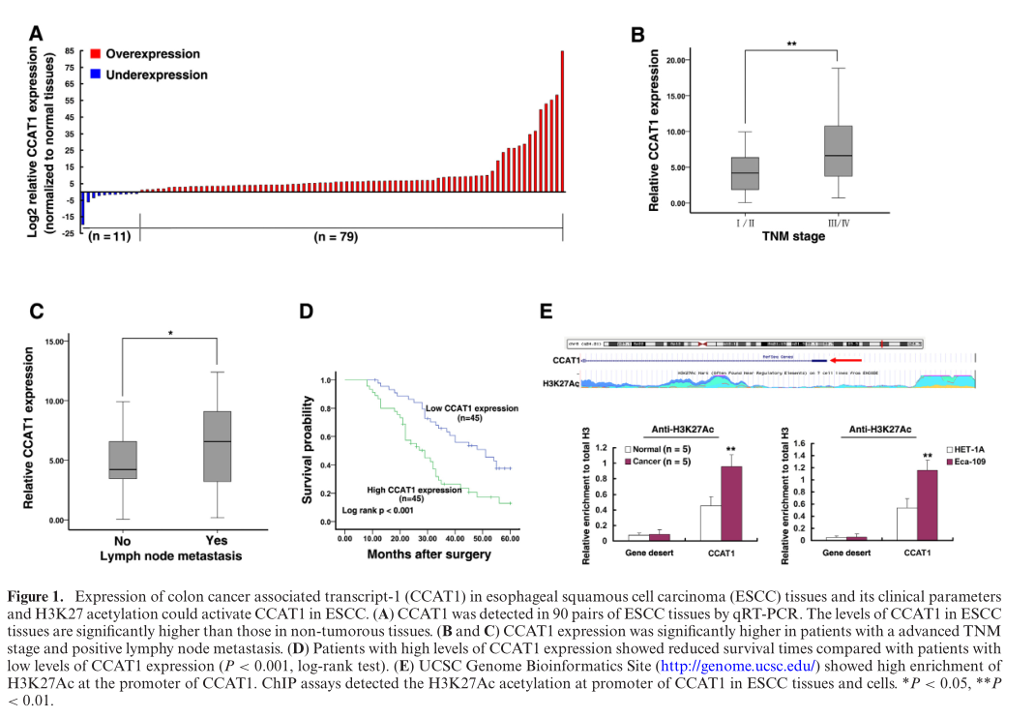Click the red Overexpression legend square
[x=96, y=54]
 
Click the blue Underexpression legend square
[x=96, y=74]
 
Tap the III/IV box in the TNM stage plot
[x=838, y=151]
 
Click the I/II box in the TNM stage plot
[x=745, y=173]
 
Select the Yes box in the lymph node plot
[x=217, y=446]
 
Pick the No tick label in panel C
[x=123, y=541]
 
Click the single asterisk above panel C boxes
[x=170, y=334]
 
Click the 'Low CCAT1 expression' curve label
[x=471, y=409]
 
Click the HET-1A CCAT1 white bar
[x=906, y=524]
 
